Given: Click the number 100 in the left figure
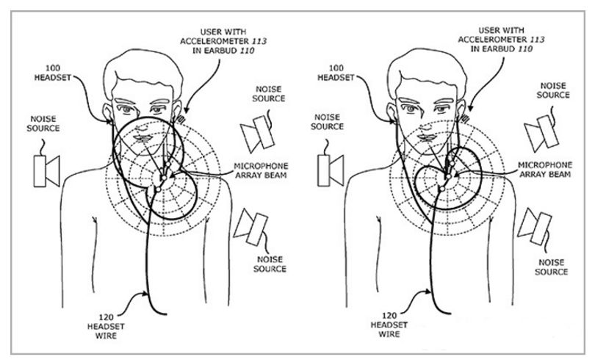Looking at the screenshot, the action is [x=53, y=68].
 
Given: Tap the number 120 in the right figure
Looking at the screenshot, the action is [x=389, y=316].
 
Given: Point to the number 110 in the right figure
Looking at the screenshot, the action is [x=525, y=49].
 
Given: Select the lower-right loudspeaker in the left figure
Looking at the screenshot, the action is [x=250, y=227].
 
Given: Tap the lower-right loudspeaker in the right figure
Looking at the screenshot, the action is [x=535, y=225].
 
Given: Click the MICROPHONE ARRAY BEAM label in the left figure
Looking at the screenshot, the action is [x=261, y=171].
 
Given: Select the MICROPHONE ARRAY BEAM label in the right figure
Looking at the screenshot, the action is [x=545, y=170].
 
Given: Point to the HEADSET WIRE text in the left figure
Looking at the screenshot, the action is [x=106, y=331].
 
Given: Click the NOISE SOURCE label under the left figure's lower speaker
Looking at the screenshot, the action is [x=270, y=264].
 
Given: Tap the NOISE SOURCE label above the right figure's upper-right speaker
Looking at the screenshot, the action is [x=553, y=90].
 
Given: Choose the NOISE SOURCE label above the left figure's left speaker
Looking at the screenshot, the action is [x=43, y=123].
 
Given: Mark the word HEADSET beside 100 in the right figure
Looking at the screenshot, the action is [x=336, y=78].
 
